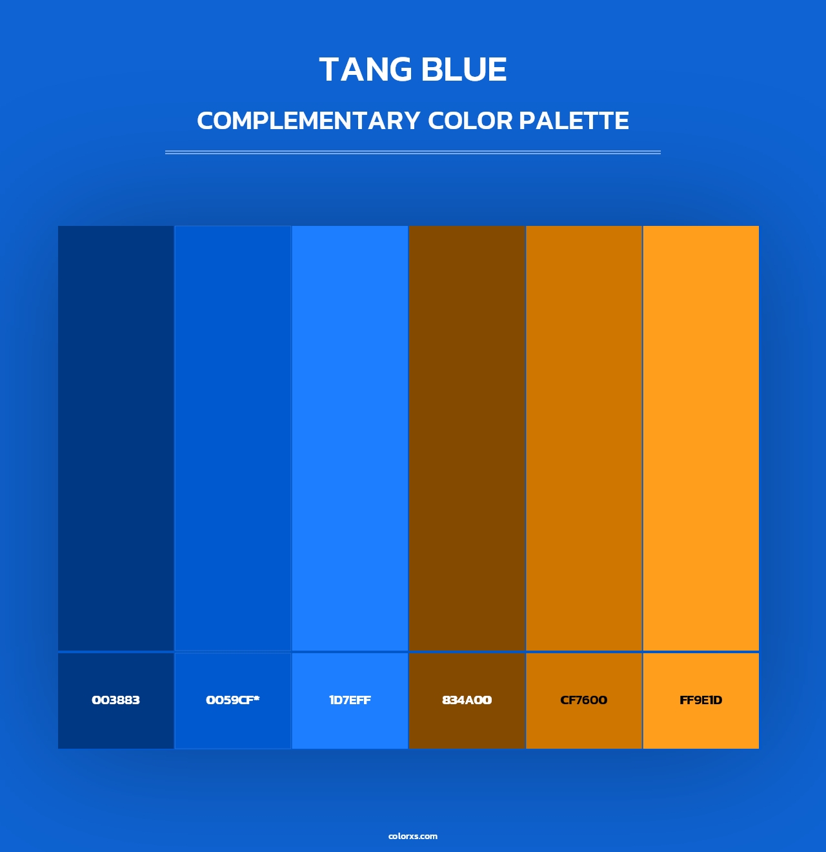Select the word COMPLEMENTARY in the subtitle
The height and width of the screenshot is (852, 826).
click(308, 121)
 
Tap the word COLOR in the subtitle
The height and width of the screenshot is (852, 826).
click(470, 121)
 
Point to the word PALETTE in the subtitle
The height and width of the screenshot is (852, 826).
click(574, 121)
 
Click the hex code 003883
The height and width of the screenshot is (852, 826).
click(116, 700)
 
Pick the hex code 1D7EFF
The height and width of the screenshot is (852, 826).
click(350, 700)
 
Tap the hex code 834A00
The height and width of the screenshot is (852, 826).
click(467, 700)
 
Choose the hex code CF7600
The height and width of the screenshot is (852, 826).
click(583, 700)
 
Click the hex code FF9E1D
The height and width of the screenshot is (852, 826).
click(701, 700)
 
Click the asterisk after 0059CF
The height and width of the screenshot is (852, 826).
click(256, 698)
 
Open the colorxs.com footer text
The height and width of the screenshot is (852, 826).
click(413, 836)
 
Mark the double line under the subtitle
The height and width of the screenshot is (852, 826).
click(413, 152)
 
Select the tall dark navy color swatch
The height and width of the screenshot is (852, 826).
click(116, 438)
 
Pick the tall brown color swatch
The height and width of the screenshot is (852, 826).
click(467, 438)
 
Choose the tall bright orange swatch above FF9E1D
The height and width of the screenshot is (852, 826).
click(701, 438)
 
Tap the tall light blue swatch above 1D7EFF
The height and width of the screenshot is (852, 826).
click(350, 438)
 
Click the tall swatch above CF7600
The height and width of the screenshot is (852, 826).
click(583, 438)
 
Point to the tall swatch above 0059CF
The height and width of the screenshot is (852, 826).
click(232, 438)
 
